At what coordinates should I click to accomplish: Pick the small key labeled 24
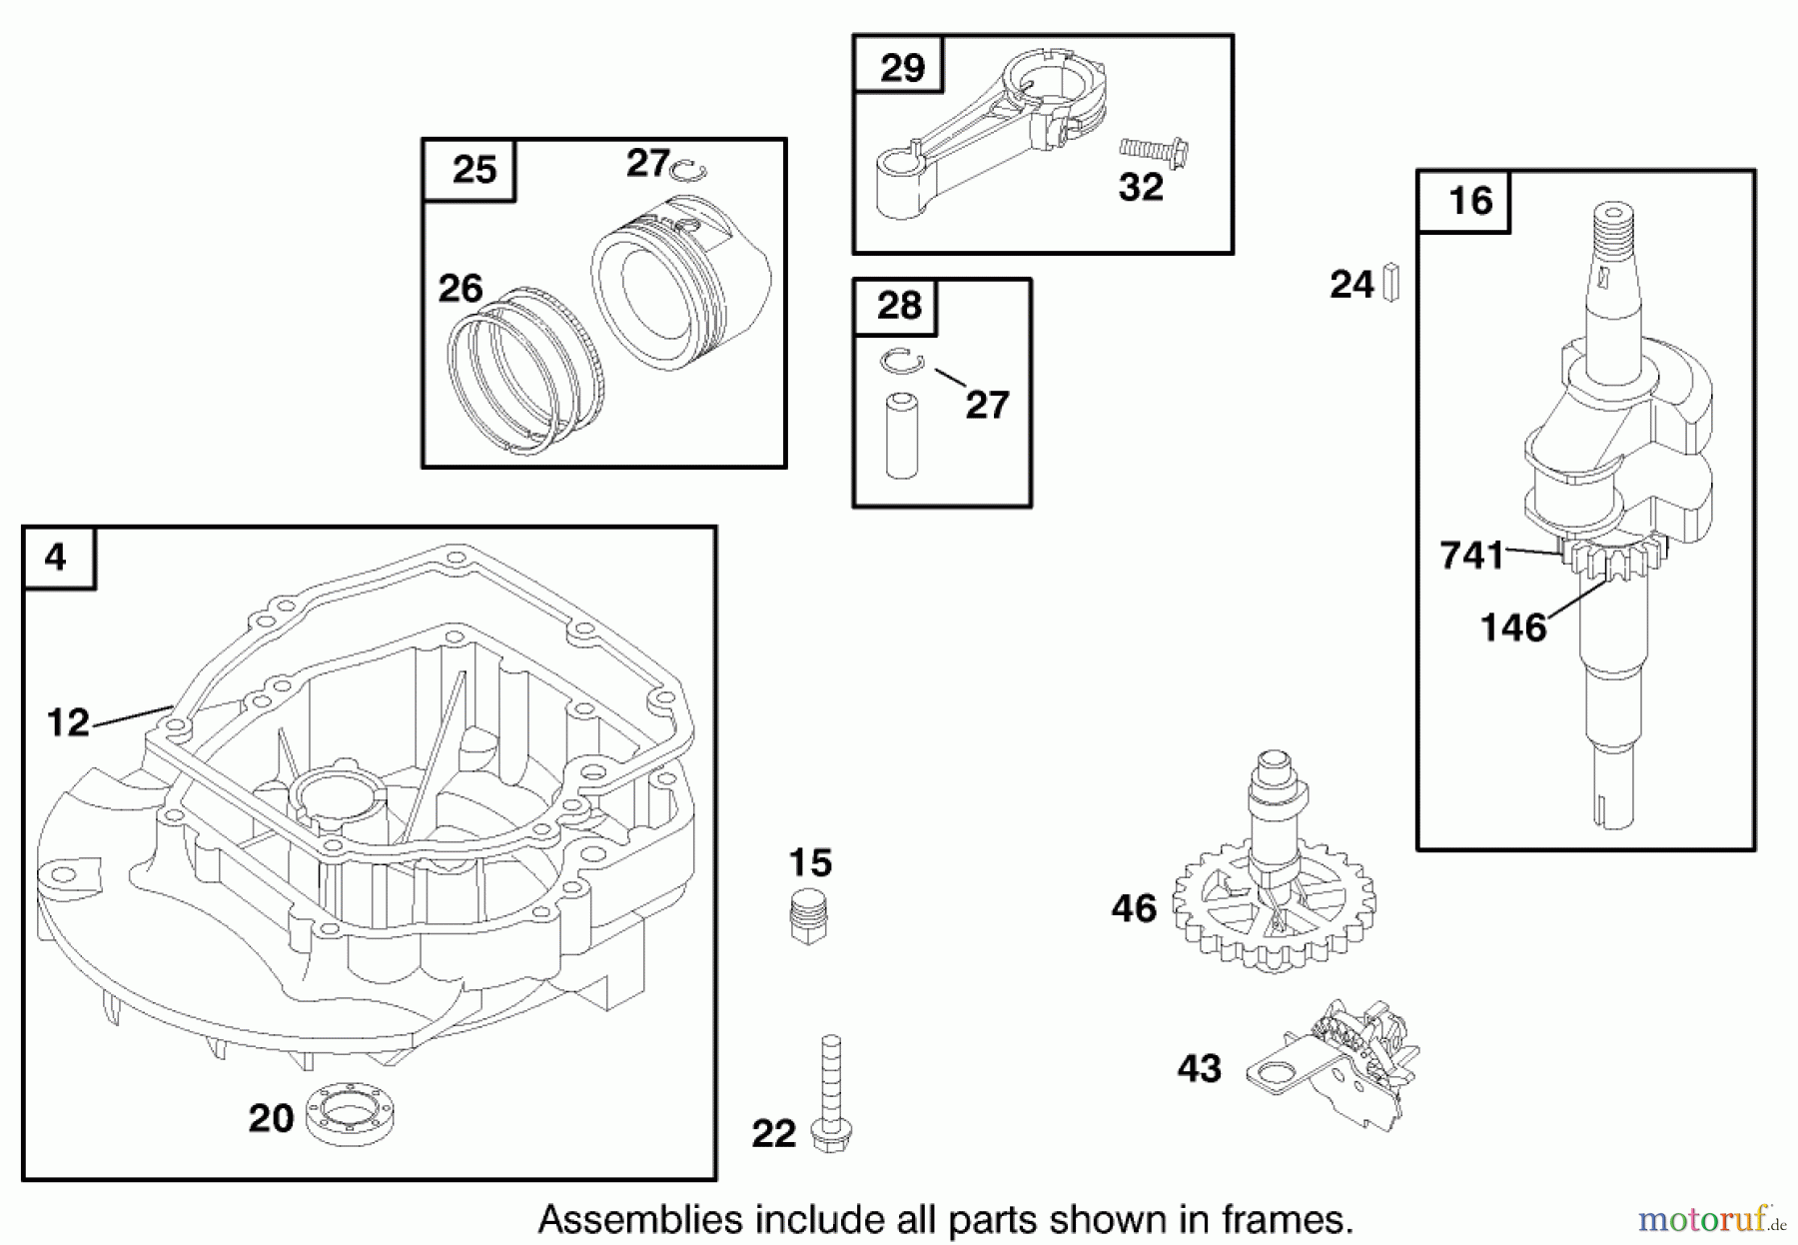click(x=1392, y=283)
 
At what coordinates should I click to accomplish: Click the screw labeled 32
click(x=1153, y=152)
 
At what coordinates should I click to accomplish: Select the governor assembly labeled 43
click(x=1339, y=1065)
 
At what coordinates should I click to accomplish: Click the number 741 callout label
click(x=1471, y=556)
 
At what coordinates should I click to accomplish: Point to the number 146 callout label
click(x=1512, y=628)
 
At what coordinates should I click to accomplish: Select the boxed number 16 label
click(x=1470, y=201)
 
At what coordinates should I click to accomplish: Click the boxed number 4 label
click(x=56, y=557)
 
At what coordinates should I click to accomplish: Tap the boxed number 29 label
click(x=902, y=67)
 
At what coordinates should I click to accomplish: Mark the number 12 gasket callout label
click(x=68, y=722)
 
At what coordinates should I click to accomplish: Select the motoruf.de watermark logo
click(x=1704, y=1219)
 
